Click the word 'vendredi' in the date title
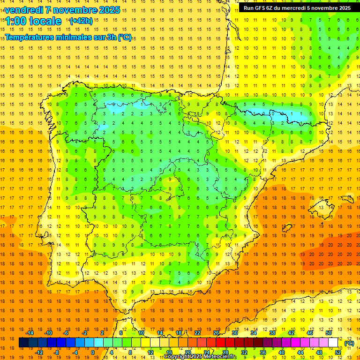(23, 10)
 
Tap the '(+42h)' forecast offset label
(81, 21)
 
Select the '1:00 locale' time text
(33, 21)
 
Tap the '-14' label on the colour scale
(30, 333)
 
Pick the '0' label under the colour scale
(93, 352)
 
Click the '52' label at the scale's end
(338, 352)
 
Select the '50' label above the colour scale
(328, 333)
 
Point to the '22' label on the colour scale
(197, 333)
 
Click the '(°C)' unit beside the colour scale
(349, 343)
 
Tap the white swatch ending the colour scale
(333, 343)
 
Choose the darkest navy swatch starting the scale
(23, 343)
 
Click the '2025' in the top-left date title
(110, 10)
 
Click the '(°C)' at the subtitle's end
(125, 37)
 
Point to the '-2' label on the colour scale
(85, 333)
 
